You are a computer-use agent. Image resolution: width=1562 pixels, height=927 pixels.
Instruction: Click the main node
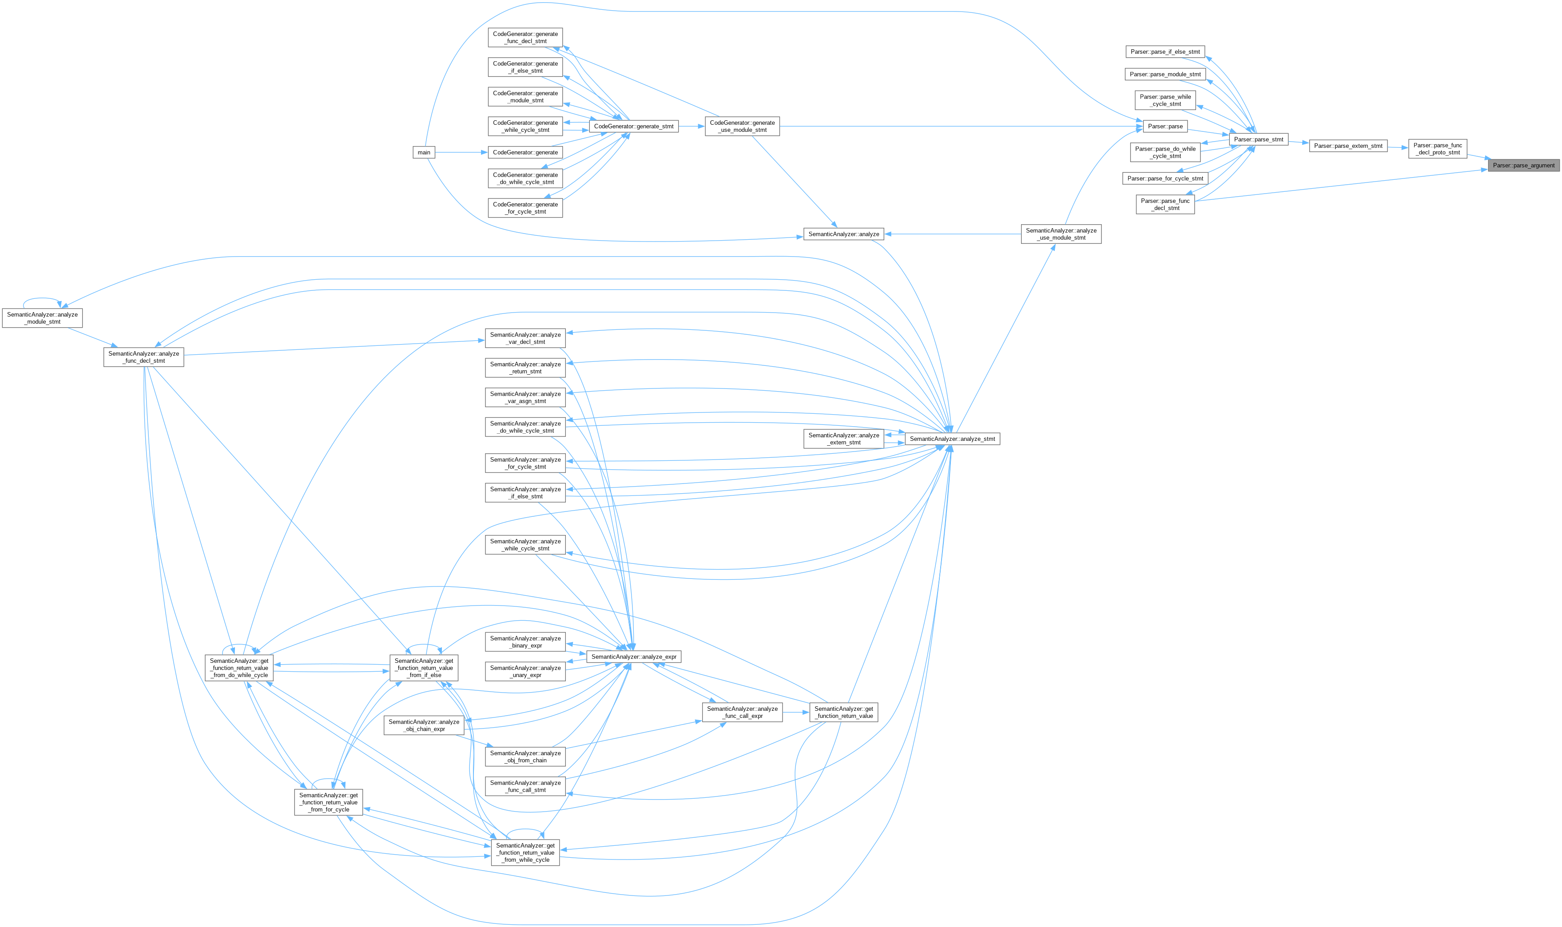pos(424,152)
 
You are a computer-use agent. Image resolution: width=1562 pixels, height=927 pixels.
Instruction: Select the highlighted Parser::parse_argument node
pos(1523,166)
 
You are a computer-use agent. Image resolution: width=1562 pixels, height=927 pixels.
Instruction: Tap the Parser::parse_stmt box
pos(1258,139)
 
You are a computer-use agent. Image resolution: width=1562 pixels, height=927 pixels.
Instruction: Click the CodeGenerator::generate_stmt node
pos(633,126)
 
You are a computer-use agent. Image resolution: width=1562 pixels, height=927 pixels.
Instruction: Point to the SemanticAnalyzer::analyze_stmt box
pos(952,439)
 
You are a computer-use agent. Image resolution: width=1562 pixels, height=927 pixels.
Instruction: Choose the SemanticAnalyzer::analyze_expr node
pos(633,657)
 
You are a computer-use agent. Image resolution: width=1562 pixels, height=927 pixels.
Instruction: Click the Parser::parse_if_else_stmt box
pos(1165,52)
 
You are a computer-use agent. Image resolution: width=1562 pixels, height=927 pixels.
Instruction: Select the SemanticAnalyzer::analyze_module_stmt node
pos(43,318)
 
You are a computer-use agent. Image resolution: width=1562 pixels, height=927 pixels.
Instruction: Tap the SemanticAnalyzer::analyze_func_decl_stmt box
pos(144,357)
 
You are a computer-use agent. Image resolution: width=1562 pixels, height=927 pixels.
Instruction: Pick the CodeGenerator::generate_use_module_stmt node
pos(742,126)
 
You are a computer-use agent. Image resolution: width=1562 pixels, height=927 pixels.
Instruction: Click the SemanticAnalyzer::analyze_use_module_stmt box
pos(1061,234)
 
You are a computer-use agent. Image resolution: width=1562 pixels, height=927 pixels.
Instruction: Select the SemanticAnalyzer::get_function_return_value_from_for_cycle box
pos(329,802)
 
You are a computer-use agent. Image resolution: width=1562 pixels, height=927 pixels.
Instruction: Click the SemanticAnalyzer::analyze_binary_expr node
pos(525,642)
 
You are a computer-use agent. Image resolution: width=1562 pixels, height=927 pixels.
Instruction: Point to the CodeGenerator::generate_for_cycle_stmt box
pos(525,208)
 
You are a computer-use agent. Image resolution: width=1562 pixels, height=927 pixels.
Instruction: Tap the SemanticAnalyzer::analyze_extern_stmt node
pos(843,439)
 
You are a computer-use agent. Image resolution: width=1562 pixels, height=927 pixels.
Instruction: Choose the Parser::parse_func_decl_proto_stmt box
pos(1438,149)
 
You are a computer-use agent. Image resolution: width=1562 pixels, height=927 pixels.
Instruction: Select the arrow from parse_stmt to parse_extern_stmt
pos(1298,143)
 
